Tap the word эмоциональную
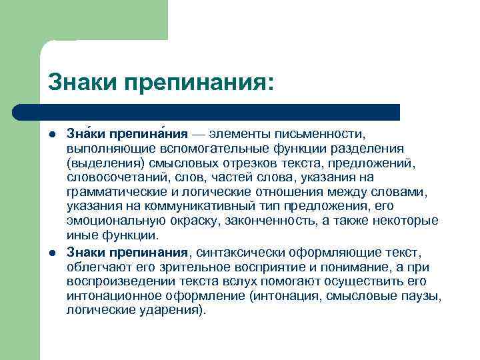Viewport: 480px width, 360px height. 110,221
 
